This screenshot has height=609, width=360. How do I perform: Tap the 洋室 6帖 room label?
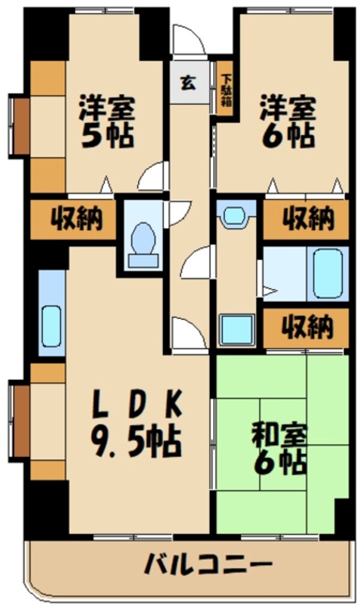pyautogui.click(x=287, y=123)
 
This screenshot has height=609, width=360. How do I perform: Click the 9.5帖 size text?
pyautogui.click(x=136, y=442)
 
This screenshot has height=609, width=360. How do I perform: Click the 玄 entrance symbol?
pyautogui.click(x=188, y=83)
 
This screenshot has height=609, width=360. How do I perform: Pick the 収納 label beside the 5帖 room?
pyautogui.click(x=74, y=219)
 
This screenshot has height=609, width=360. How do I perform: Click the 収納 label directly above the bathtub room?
pyautogui.click(x=306, y=219)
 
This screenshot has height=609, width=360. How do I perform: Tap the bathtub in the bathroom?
pyautogui.click(x=328, y=273)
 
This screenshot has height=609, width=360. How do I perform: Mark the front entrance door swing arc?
pyautogui.click(x=187, y=41)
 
